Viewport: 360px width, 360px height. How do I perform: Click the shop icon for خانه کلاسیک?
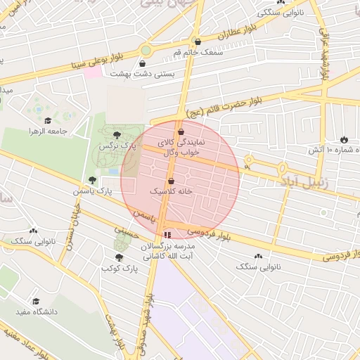point(171,181)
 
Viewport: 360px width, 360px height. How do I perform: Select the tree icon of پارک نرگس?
point(117,134)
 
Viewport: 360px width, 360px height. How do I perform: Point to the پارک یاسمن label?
point(93,191)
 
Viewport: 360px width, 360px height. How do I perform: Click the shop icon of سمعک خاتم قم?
point(198,41)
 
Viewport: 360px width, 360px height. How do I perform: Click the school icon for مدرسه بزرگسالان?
point(167,235)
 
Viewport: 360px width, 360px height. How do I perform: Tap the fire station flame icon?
point(343,140)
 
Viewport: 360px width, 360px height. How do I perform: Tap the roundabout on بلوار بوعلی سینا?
point(146,50)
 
